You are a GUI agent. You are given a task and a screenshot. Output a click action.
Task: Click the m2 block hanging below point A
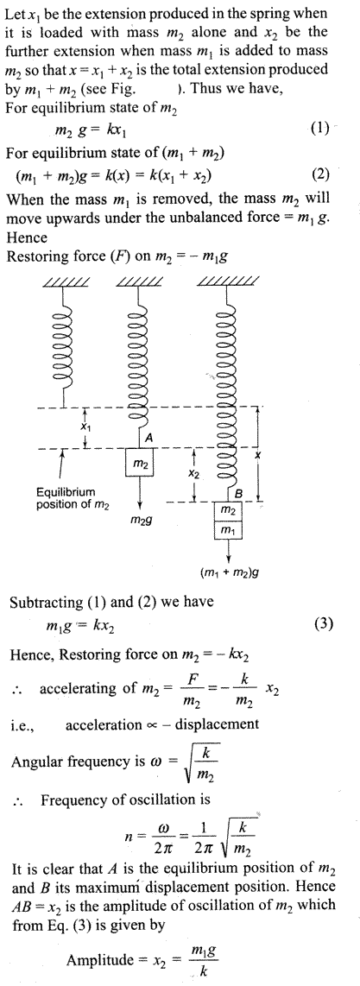coord(140,464)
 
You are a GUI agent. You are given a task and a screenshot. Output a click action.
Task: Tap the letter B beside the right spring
coord(239,494)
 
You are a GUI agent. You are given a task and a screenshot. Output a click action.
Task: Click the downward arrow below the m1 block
coord(229,551)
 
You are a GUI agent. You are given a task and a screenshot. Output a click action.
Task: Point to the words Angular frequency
coord(60,762)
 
